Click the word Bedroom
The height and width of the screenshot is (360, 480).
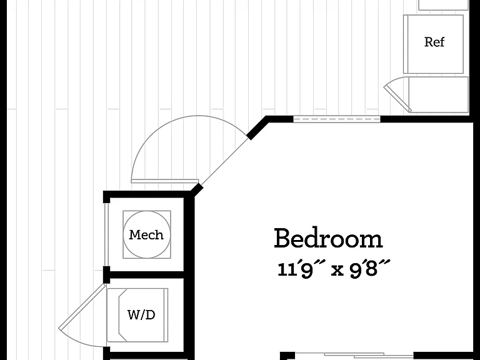pyautogui.click(x=328, y=238)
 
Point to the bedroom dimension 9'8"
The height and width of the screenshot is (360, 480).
pyautogui.click(x=370, y=269)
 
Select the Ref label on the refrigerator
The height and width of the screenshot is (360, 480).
pyautogui.click(x=434, y=42)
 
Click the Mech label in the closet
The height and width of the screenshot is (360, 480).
pyautogui.click(x=146, y=235)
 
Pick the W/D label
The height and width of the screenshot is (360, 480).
pyautogui.click(x=141, y=314)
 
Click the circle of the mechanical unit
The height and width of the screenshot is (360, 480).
pyautogui.click(x=147, y=211)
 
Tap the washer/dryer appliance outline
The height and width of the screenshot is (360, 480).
pyautogui.click(x=137, y=289)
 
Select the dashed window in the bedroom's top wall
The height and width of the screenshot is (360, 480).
pyautogui.click(x=337, y=119)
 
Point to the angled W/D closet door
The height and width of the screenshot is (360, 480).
pyautogui.click(x=82, y=307)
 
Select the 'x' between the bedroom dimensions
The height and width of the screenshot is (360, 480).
pyautogui.click(x=337, y=270)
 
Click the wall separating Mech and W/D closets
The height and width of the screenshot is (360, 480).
pyautogui.click(x=146, y=274)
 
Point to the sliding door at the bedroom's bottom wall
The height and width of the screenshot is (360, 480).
pyautogui.click(x=354, y=356)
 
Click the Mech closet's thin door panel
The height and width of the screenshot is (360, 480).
pyautogui.click(x=106, y=234)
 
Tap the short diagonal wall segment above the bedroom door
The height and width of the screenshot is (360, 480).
pyautogui.click(x=257, y=128)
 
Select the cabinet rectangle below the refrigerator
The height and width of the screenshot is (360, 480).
pyautogui.click(x=438, y=94)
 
